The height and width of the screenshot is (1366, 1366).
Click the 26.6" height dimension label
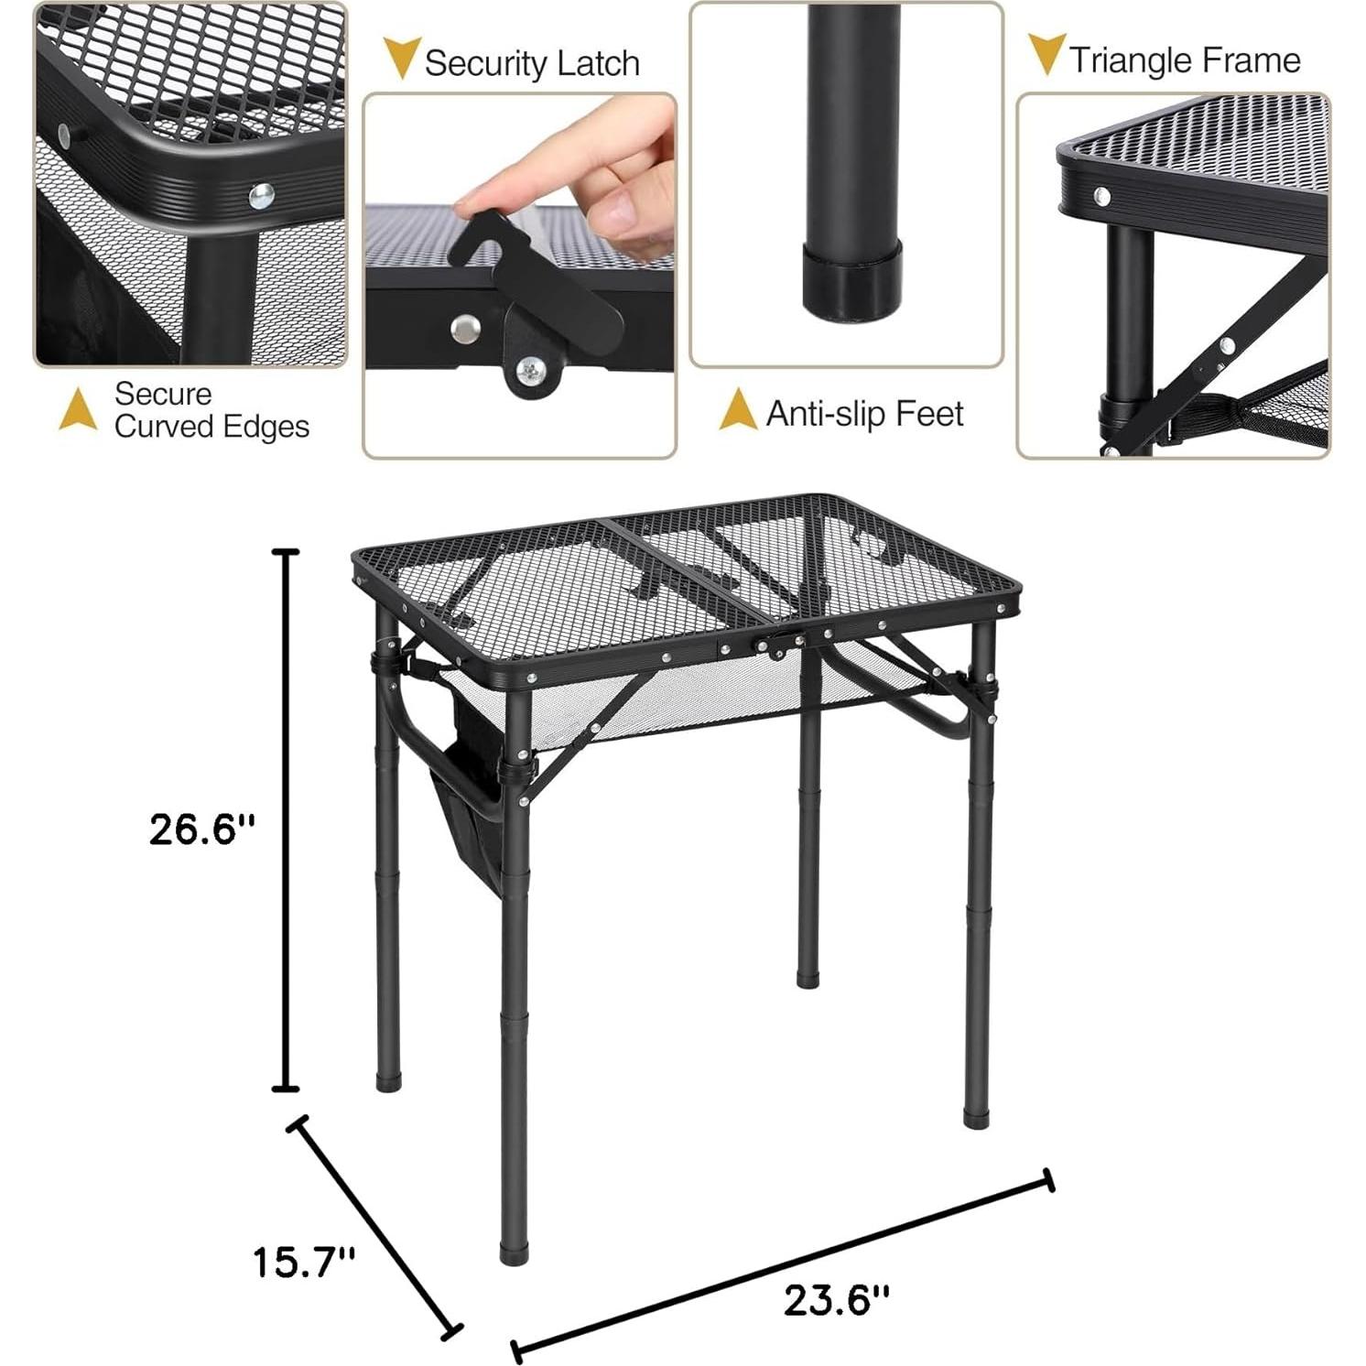point(202,829)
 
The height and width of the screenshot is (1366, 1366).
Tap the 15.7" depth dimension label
point(303,1263)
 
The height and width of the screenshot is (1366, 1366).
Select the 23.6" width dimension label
point(836,1299)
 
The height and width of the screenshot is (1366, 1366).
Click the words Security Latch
point(532,63)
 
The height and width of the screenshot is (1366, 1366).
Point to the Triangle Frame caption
point(1185,60)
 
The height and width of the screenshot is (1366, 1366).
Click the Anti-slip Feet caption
point(864,414)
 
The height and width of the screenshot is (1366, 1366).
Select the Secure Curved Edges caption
point(211,410)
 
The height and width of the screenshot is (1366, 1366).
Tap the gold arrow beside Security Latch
point(401,58)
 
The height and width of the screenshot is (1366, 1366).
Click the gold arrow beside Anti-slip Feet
point(738,409)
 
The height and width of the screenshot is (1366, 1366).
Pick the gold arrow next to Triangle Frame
point(1046,54)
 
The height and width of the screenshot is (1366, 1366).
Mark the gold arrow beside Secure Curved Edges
point(78,409)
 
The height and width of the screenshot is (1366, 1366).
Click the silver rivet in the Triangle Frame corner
point(1102,196)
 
